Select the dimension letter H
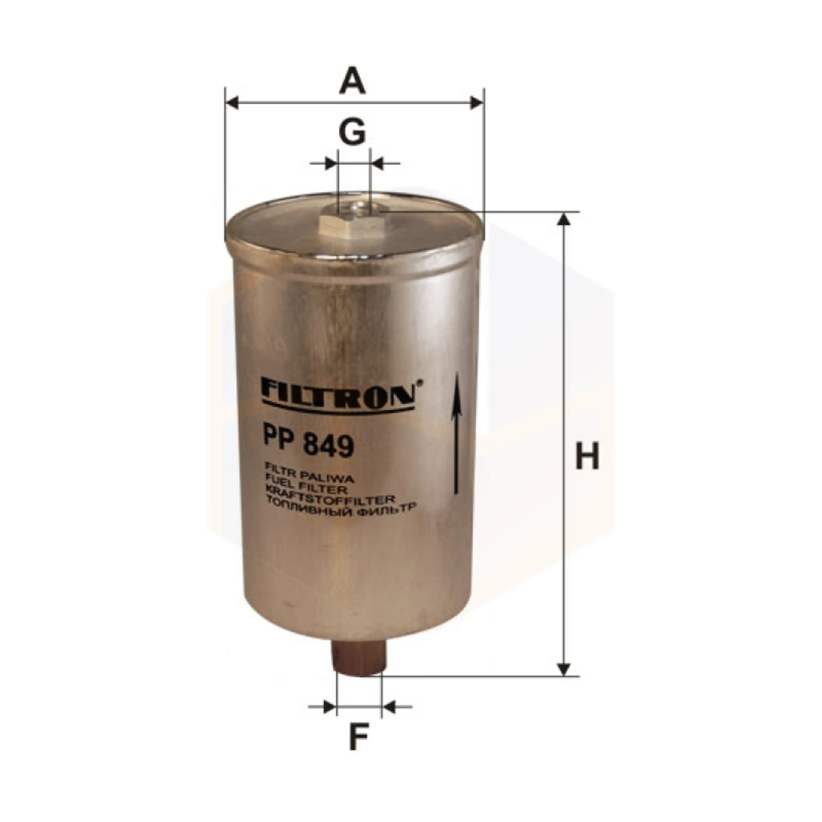tap(587, 456)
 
